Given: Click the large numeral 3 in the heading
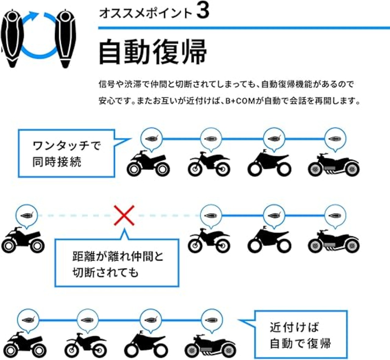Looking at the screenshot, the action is (203, 12).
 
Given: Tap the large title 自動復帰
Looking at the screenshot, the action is (153, 52).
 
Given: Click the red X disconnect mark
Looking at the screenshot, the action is (124, 215).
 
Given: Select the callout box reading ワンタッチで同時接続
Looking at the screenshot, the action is (67, 153).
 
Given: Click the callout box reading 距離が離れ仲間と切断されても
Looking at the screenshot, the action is (117, 263).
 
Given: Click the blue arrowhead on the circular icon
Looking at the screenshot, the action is (34, 15).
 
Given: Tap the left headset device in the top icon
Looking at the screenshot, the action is (12, 38).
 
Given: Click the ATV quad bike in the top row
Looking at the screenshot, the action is (148, 163).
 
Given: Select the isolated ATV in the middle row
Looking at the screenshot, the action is (23, 240).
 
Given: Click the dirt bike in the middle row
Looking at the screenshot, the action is (209, 240).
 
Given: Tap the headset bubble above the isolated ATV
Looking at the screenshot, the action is (27, 216).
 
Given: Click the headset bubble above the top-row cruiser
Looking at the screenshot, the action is (335, 139).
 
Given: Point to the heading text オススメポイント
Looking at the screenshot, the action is (146, 13).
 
